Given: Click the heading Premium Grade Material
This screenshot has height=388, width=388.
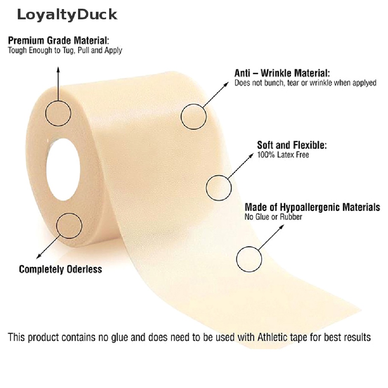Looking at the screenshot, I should [x=59, y=40].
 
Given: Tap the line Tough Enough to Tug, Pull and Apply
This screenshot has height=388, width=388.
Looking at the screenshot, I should [x=65, y=50].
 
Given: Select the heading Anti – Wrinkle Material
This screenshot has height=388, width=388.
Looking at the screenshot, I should [x=282, y=73].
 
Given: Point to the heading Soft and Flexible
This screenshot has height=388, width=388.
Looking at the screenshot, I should [x=292, y=145].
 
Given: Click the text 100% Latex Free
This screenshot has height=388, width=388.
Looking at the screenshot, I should [x=283, y=155].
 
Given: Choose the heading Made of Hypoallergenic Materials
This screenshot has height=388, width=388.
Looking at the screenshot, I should [x=312, y=207].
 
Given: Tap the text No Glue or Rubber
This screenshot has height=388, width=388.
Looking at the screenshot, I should [x=273, y=217].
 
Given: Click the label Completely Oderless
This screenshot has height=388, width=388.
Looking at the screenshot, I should [x=61, y=269].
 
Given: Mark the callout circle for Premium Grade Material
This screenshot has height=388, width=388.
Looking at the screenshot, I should [x=58, y=113].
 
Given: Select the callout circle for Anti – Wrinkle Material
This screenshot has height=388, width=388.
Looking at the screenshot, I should [x=194, y=117].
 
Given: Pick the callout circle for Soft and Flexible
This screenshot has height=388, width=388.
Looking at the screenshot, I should [x=219, y=187].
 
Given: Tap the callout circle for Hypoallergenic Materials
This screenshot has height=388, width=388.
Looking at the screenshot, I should [x=249, y=259].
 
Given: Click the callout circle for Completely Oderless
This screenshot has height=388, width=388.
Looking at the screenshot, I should [x=69, y=226].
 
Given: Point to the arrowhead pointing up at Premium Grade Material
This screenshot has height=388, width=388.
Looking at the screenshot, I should [x=58, y=69].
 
